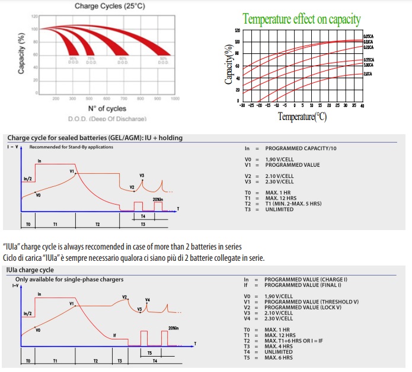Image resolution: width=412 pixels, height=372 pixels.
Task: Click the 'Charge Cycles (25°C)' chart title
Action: (x=107, y=6)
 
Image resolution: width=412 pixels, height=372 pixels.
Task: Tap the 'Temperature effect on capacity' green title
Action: (x=302, y=19)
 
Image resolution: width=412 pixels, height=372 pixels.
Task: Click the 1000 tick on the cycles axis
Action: (x=175, y=98)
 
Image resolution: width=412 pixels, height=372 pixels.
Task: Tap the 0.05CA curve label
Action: (x=368, y=37)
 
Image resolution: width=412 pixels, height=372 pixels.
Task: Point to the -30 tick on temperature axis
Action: (x=242, y=105)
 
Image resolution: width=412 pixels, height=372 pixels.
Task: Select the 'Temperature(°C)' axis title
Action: (x=302, y=117)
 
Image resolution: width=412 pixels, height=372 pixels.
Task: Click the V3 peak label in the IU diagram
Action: (x=142, y=176)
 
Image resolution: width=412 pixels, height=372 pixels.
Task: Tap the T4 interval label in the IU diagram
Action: (x=143, y=216)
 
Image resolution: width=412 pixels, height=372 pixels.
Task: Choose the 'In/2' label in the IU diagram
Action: (x=28, y=178)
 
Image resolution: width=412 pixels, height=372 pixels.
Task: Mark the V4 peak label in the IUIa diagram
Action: (x=148, y=300)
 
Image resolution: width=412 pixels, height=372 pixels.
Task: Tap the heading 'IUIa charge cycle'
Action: (x=30, y=270)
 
